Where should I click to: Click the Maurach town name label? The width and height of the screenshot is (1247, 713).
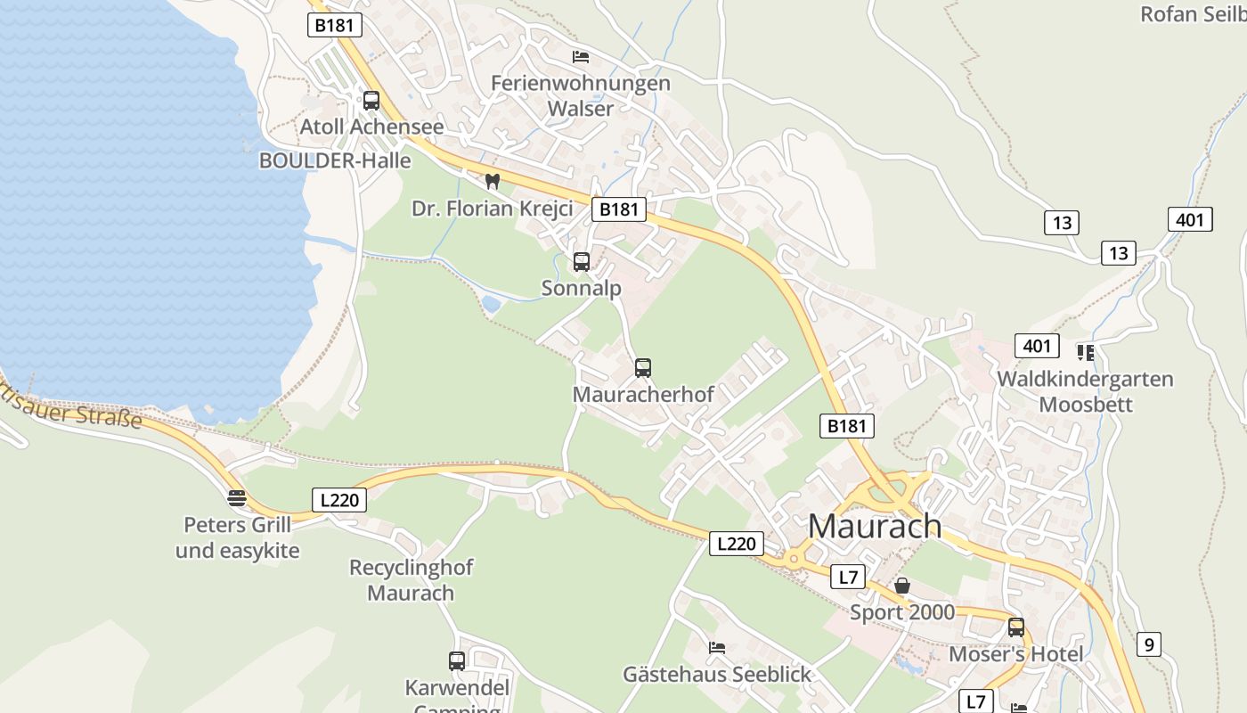pyautogui.click(x=874, y=526)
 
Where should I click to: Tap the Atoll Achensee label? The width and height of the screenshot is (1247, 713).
pyautogui.click(x=371, y=127)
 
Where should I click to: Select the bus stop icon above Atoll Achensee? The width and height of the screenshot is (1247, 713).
pyautogui.click(x=371, y=101)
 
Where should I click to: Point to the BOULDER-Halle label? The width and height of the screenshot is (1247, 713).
pyautogui.click(x=335, y=160)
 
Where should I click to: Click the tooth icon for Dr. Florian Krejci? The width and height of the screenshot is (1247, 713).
pyautogui.click(x=491, y=181)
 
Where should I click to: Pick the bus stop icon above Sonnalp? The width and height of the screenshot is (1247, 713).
pyautogui.click(x=582, y=262)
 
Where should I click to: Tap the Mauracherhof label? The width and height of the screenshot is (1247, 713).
pyautogui.click(x=643, y=394)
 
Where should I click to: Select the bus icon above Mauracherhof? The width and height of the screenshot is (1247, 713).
pyautogui.click(x=643, y=367)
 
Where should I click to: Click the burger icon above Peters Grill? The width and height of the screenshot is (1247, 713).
pyautogui.click(x=237, y=497)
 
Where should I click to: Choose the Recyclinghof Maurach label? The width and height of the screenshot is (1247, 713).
pyautogui.click(x=411, y=580)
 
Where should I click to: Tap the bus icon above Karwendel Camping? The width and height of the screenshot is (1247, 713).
pyautogui.click(x=457, y=661)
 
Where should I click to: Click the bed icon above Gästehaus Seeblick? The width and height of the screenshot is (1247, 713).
pyautogui.click(x=716, y=648)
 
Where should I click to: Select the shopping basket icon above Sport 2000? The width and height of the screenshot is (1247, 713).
pyautogui.click(x=902, y=586)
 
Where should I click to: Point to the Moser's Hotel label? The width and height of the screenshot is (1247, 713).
pyautogui.click(x=1015, y=654)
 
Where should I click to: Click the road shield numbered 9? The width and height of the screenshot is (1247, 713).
pyautogui.click(x=1149, y=643)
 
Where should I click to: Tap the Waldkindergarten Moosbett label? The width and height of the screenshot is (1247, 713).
pyautogui.click(x=1085, y=391)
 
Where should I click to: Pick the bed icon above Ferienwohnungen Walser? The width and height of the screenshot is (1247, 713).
pyautogui.click(x=581, y=57)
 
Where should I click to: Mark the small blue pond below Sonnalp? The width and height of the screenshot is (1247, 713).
pyautogui.click(x=491, y=304)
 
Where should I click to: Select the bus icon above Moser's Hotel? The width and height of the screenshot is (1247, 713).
pyautogui.click(x=1016, y=627)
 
